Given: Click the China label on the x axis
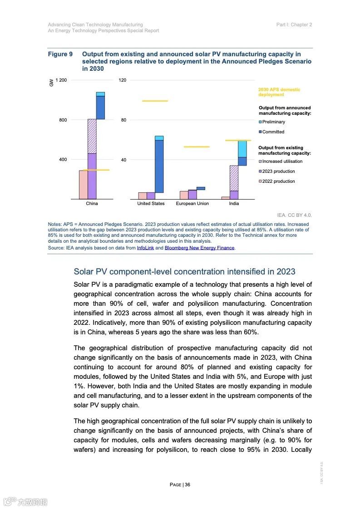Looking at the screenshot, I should click(92, 204).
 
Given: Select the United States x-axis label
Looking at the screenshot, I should click(151, 204).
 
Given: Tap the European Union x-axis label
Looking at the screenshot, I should click(192, 204).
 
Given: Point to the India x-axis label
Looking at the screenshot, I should click(234, 204).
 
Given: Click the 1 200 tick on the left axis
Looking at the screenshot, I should click(61, 80).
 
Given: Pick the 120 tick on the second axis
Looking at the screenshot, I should click(123, 80).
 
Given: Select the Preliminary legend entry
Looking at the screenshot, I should click(273, 122).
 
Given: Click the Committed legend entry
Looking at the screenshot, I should click(273, 132).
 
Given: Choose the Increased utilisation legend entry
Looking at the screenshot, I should click(282, 162).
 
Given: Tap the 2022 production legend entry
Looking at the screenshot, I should click(278, 181).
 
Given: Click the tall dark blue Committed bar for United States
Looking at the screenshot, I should click(159, 166).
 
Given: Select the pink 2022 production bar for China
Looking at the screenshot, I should click(83, 185).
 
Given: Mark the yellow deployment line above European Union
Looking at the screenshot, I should click(196, 147).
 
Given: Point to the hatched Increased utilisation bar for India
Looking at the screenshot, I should click(234, 178).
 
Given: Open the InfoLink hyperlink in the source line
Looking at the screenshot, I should click(145, 248).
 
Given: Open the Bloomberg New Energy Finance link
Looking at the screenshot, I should click(199, 248).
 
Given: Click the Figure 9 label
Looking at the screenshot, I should click(60, 54).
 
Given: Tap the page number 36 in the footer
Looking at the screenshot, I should click(187, 485).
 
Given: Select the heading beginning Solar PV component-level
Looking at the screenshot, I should click(184, 272).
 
